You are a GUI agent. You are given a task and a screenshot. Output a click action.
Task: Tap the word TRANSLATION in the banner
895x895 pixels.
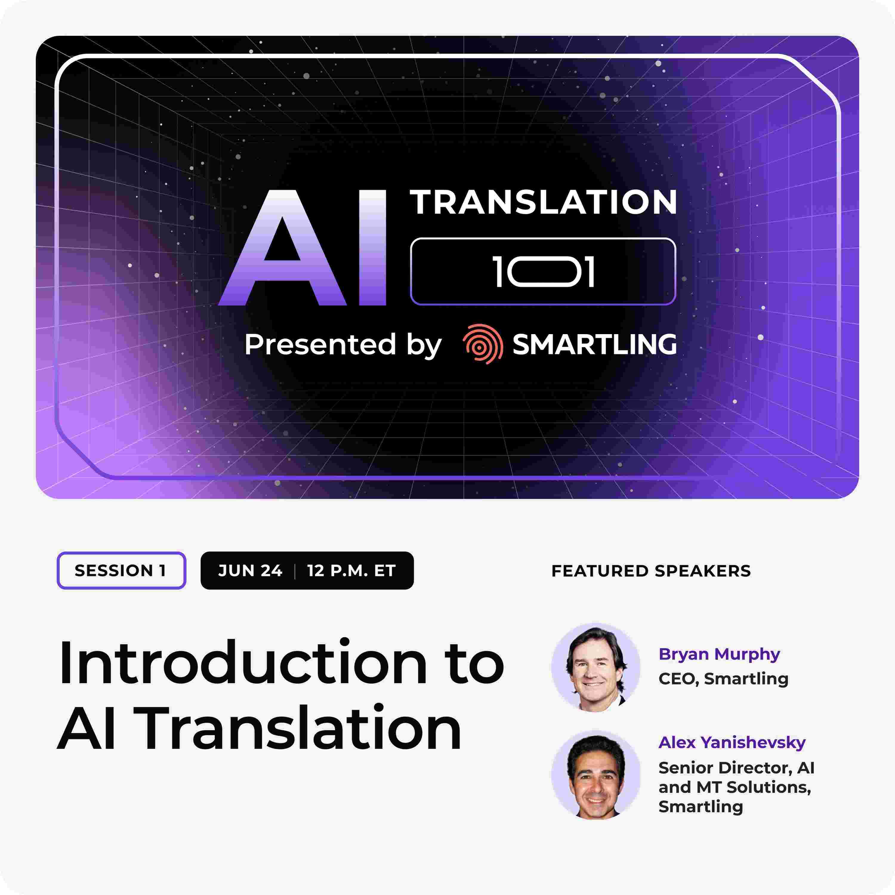543,203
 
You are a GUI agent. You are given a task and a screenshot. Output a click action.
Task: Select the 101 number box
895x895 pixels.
543,272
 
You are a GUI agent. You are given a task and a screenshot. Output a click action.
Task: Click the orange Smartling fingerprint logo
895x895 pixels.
482,344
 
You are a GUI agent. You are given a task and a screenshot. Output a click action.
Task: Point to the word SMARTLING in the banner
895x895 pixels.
594,344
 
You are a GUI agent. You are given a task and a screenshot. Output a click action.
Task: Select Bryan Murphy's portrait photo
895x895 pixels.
596,667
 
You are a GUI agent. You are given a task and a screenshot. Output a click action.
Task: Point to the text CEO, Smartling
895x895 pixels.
723,679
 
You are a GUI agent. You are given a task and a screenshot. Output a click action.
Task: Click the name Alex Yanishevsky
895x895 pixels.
732,743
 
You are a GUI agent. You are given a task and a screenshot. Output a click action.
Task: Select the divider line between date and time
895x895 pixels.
295,571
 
